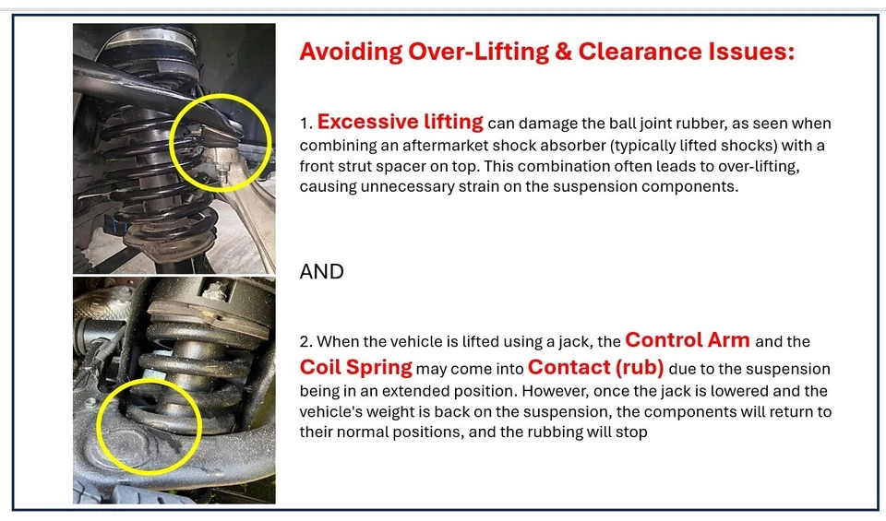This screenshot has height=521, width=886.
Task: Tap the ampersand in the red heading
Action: click(563, 52)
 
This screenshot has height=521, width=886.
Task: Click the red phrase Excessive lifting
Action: click(400, 122)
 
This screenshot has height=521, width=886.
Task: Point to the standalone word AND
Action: click(321, 271)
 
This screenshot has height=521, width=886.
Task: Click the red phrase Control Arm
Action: click(687, 340)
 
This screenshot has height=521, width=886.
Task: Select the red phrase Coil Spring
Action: click(356, 367)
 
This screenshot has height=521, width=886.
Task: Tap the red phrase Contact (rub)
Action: click(595, 367)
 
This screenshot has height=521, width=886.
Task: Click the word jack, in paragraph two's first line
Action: click(576, 342)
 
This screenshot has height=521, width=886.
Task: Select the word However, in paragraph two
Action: click(557, 391)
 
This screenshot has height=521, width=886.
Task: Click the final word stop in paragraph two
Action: click(632, 433)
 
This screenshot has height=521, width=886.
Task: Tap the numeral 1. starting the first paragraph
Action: click(305, 124)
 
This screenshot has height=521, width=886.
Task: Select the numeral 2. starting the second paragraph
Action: click(305, 342)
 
